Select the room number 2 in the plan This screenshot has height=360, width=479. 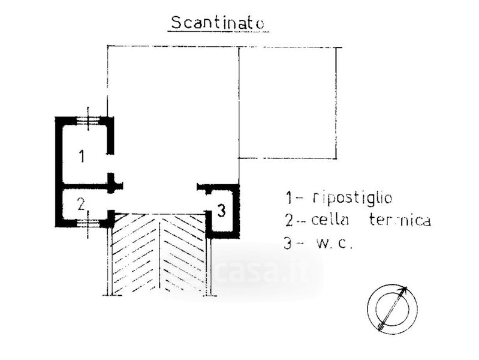coord(81,204)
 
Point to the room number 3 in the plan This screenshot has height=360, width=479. coord(221,211)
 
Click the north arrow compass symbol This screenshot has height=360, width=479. coord(393,308)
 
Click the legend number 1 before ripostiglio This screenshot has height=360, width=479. coord(289,197)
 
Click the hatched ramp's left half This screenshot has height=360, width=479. coord(135,255)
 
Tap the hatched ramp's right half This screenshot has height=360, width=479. coord(183,255)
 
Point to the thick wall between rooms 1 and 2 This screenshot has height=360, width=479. coord(84,186)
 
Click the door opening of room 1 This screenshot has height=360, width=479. coord(110,163)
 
